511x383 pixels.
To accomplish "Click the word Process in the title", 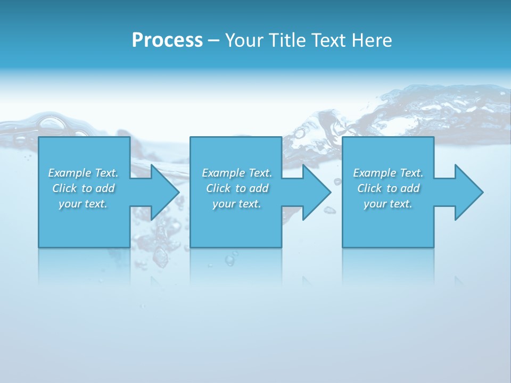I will [x=167, y=40].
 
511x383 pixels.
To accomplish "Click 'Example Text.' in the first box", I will [x=84, y=173].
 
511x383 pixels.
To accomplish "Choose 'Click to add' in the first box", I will [x=84, y=188].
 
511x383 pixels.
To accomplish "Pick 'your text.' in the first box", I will [x=84, y=204].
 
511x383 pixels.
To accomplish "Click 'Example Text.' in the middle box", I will [x=237, y=173].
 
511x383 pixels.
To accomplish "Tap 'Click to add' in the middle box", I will [x=237, y=188].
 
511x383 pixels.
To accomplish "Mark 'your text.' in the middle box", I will [x=237, y=204].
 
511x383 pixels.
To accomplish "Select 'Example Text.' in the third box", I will [x=388, y=173].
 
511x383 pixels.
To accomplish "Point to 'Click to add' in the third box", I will [x=388, y=188].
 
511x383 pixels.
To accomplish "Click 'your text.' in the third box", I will [x=388, y=204].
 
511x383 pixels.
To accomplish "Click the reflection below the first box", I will [x=84, y=266].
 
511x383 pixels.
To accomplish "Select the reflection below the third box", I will [x=388, y=266].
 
